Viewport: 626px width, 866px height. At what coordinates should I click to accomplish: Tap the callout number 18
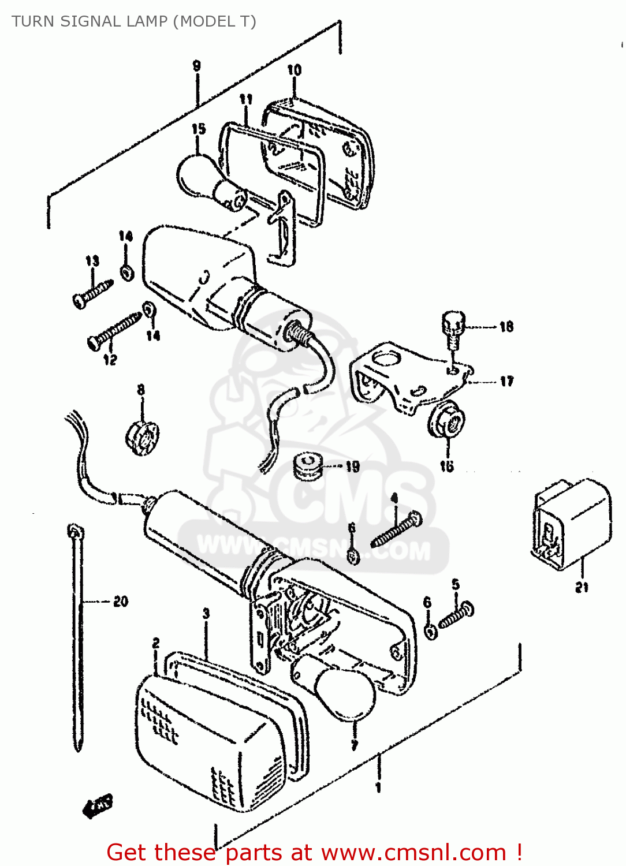(506, 327)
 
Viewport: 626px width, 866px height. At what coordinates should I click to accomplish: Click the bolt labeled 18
(453, 327)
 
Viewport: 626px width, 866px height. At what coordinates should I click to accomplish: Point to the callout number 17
(506, 381)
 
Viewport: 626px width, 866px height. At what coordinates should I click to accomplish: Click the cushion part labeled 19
(307, 465)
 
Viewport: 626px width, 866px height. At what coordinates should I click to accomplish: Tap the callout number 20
(120, 602)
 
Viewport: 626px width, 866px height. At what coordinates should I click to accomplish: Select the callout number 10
(294, 70)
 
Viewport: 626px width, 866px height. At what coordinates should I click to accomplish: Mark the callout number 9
(196, 66)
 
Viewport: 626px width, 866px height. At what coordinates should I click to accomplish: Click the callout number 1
(378, 787)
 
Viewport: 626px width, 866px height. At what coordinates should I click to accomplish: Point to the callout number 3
(206, 613)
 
